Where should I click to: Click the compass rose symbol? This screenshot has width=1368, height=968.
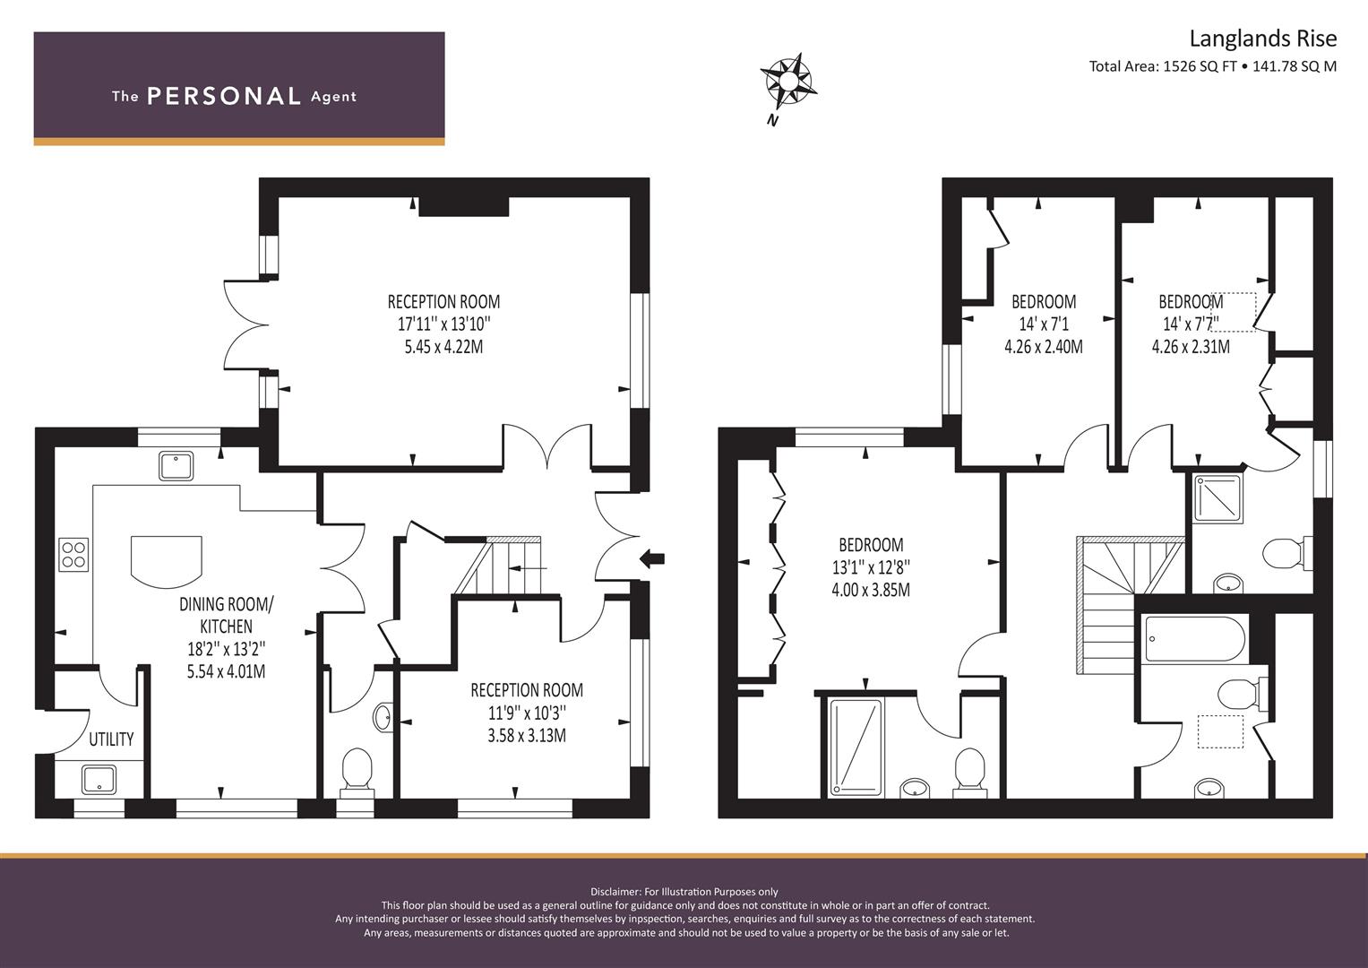coord(788,82)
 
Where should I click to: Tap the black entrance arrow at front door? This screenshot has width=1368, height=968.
coord(652,557)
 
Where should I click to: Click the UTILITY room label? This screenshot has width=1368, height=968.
coord(111,739)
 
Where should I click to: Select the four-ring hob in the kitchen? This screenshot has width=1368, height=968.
coord(73,554)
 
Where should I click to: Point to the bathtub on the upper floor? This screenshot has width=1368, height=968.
coord(1194,638)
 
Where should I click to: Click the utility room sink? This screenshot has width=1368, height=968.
coord(99,780)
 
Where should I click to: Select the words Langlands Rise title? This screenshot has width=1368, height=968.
coord(1263,39)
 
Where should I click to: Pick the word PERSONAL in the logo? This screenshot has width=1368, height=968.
coord(224,96)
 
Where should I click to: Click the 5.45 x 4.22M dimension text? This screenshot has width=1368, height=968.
coord(443,347)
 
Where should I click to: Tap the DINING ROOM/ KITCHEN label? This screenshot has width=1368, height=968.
coord(227,615)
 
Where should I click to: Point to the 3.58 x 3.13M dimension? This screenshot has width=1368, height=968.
coord(527,735)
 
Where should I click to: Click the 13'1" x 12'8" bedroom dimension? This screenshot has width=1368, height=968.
coord(871,567)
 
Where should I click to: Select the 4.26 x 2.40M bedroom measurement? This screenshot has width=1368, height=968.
coord(1044,347)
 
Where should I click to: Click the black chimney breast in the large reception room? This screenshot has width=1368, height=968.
coord(464,206)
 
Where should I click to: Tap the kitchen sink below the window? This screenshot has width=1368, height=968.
coord(176,466)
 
